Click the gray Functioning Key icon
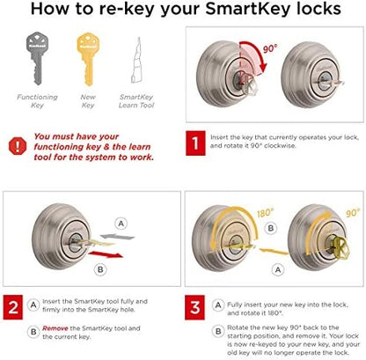(x=37, y=58)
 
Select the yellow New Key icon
(x=88, y=59)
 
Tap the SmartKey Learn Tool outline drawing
(x=136, y=60)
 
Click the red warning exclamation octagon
(x=18, y=146)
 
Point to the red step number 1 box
(x=195, y=143)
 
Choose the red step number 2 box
(x=13, y=307)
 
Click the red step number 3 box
(x=194, y=307)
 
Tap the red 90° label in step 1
(x=270, y=48)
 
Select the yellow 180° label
(x=266, y=213)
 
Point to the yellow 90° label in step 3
(x=353, y=213)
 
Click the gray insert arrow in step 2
(x=117, y=236)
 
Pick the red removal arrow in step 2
(x=106, y=254)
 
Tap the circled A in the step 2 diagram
(x=121, y=224)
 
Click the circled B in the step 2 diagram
(x=100, y=269)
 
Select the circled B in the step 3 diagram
(x=271, y=228)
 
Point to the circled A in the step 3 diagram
(x=278, y=269)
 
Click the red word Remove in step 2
(x=55, y=328)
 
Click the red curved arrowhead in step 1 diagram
(x=264, y=68)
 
